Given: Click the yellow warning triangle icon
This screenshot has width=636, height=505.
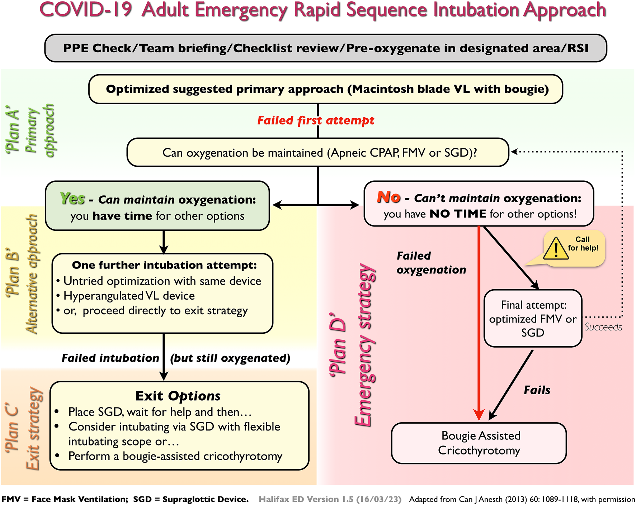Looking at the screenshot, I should click(556, 249).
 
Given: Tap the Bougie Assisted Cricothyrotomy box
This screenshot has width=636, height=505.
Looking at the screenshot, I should click(479, 443).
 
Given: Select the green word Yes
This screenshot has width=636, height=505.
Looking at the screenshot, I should click(72, 198).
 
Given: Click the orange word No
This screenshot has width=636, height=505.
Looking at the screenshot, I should click(388, 197).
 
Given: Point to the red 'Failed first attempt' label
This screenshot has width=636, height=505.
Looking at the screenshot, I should click(316, 120).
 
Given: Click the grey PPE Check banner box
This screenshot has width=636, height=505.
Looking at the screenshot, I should click(325, 48).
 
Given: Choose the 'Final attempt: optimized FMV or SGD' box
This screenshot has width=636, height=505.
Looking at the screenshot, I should click(533, 319).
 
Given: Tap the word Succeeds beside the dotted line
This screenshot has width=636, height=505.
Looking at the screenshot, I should click(603, 327).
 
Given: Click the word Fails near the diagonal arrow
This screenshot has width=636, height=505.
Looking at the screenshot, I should click(537, 390).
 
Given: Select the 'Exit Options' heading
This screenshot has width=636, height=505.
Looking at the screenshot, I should click(178, 396).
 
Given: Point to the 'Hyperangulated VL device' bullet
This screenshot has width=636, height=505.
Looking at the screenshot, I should click(129, 296).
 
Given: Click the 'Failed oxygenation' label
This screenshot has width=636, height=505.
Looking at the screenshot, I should click(431, 263).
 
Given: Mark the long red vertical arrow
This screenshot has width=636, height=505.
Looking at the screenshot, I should click(479, 323).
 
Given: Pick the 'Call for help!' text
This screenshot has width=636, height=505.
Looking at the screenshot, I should click(583, 244).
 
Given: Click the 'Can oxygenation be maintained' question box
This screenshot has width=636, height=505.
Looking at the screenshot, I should click(318, 153).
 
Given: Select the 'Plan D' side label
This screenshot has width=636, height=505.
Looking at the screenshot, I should click(338, 344).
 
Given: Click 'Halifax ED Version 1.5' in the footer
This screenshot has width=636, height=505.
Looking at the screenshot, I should click(330, 499).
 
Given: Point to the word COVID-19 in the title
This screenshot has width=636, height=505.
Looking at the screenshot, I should click(86, 10).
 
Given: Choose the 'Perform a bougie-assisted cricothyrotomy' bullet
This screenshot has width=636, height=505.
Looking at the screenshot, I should click(175, 456).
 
